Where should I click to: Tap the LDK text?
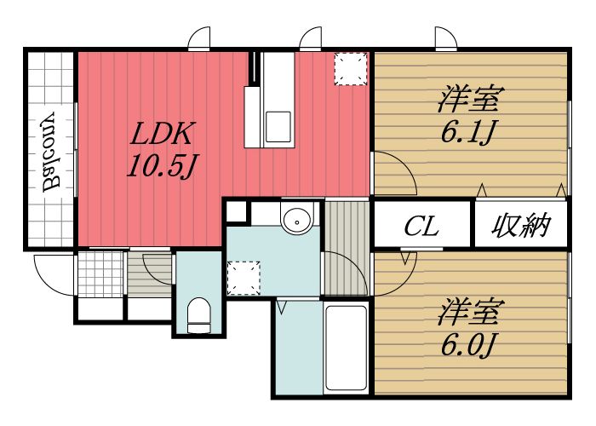(x=163, y=134)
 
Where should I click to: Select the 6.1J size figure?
(x=467, y=132)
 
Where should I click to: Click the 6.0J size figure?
(x=467, y=345)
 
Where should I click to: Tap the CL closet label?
(x=421, y=227)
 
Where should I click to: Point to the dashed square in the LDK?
(x=349, y=69)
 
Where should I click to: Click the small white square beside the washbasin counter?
(x=236, y=210)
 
